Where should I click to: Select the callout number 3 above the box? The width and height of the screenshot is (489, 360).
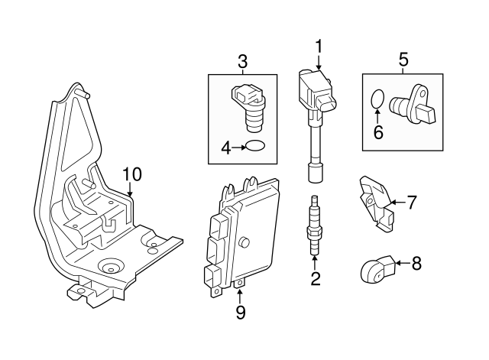(x=242, y=60)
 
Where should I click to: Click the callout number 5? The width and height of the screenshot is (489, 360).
(x=403, y=59)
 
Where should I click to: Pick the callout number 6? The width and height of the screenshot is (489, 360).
(x=377, y=131)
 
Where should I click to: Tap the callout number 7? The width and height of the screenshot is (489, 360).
(x=412, y=203)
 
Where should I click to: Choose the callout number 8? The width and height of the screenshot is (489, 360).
(x=416, y=264)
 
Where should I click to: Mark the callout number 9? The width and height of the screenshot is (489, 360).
(x=239, y=312)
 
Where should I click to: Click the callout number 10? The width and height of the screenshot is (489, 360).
(x=132, y=174)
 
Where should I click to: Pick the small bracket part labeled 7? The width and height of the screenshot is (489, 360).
(x=374, y=201)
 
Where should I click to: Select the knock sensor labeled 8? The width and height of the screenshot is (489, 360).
(x=375, y=268)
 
